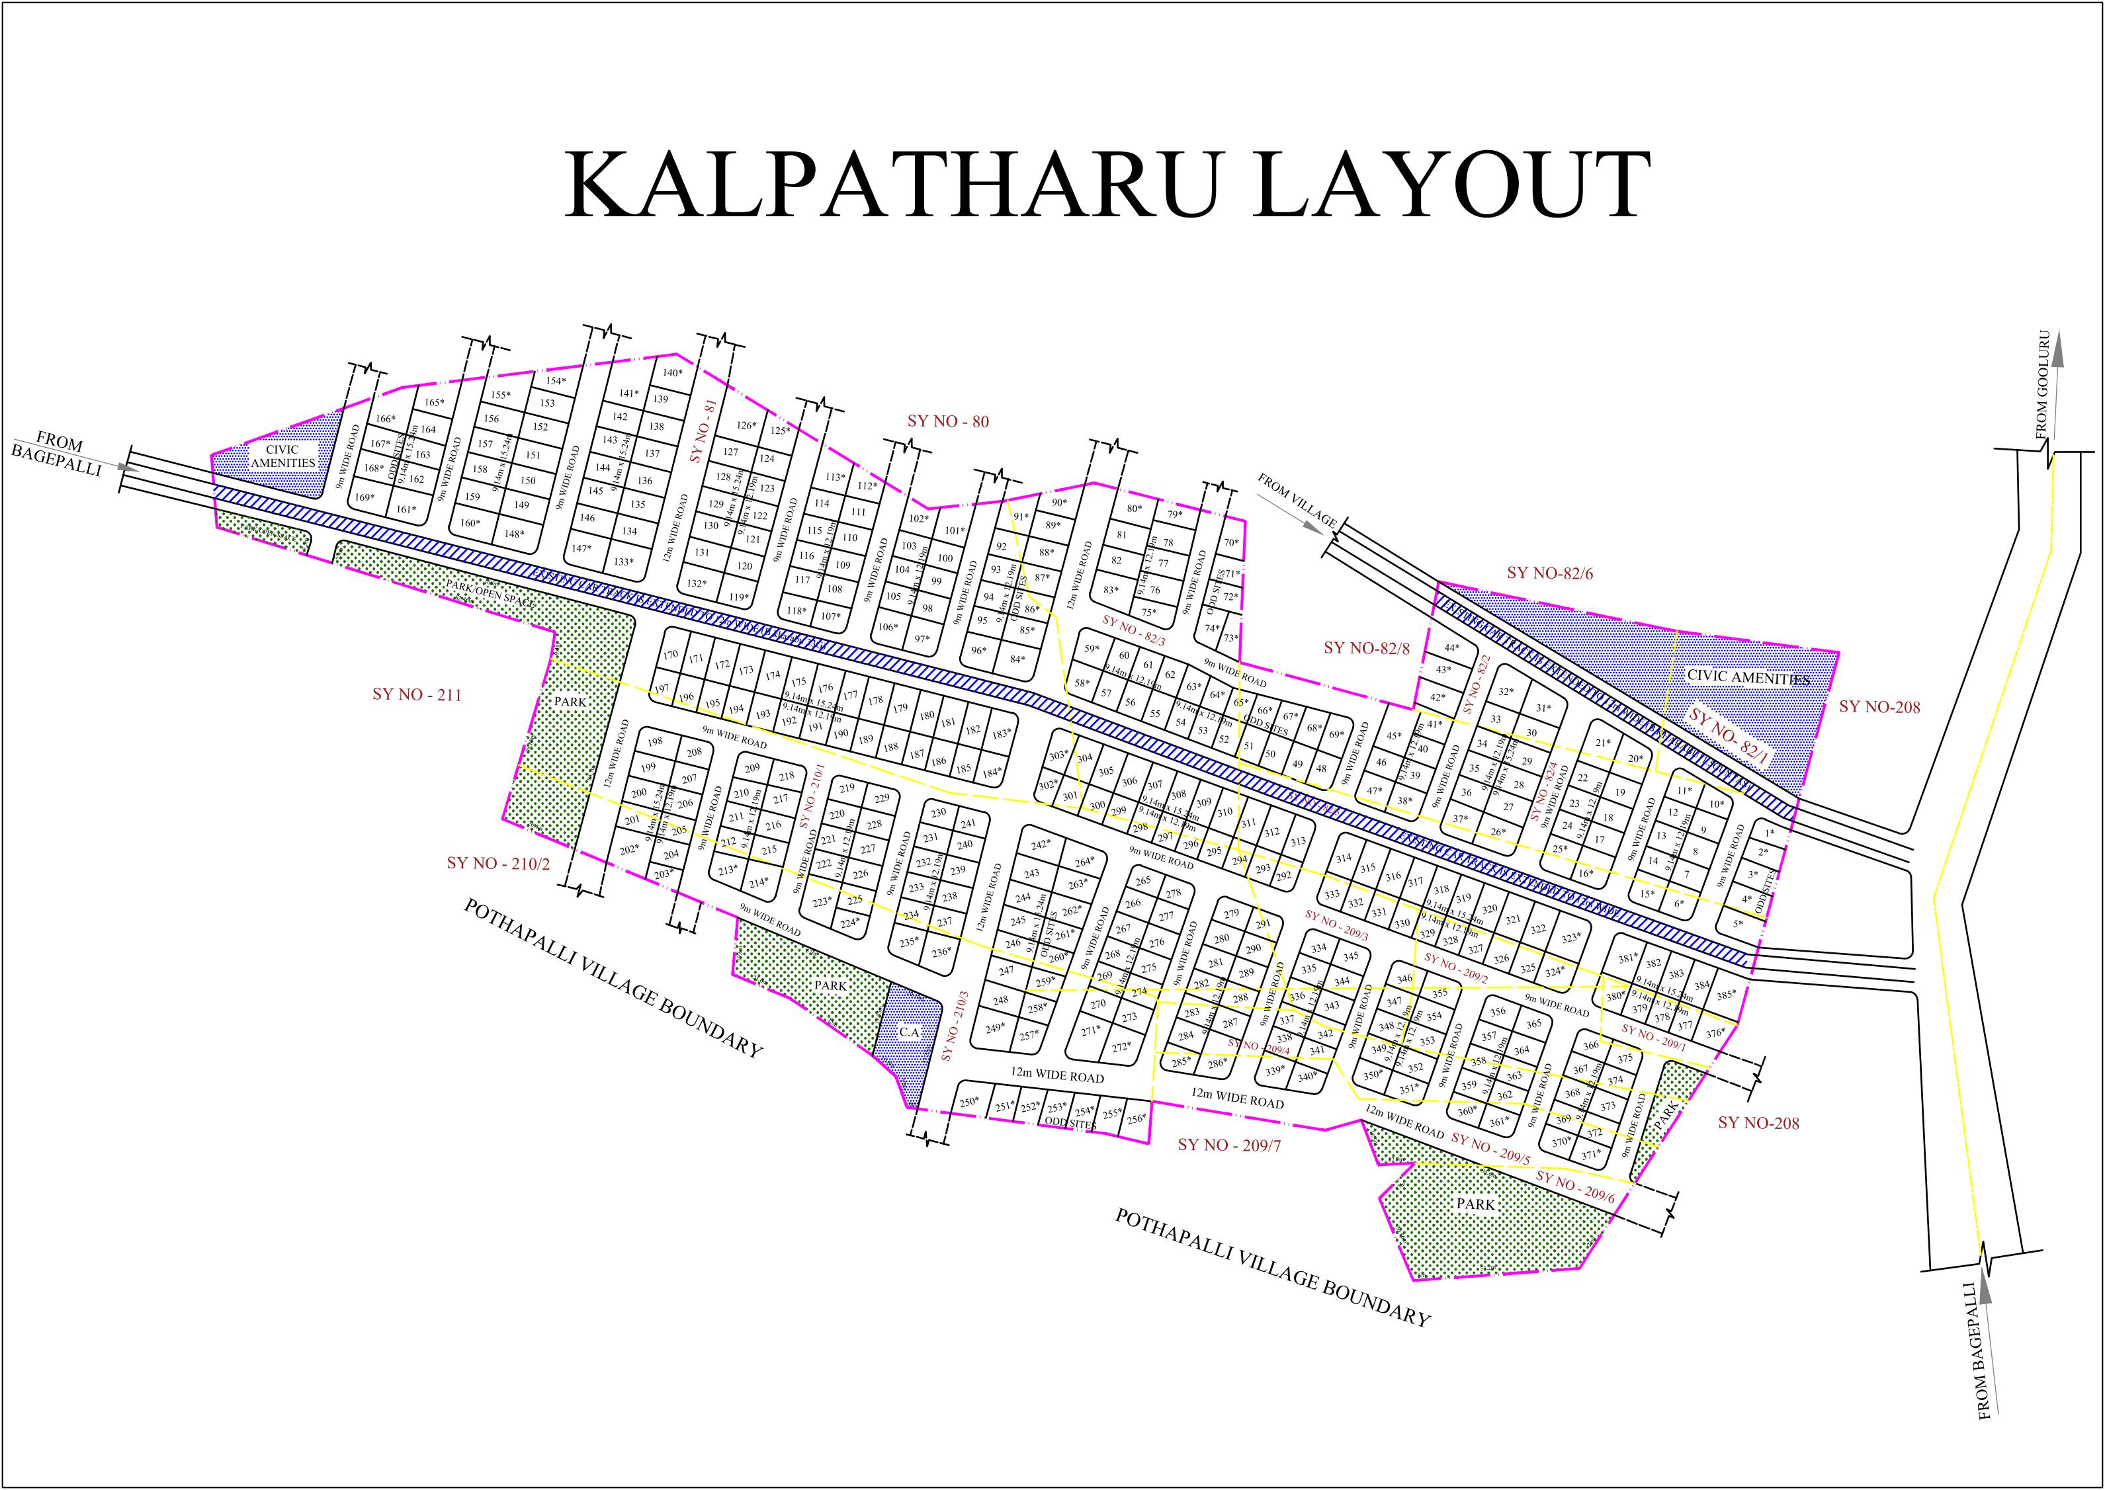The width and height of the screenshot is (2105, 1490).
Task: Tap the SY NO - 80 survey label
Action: click(948, 421)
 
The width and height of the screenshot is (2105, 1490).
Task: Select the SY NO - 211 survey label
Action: click(417, 694)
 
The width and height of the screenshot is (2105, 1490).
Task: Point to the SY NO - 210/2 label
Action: click(498, 863)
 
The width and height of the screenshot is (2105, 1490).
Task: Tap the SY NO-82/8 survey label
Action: click(1366, 647)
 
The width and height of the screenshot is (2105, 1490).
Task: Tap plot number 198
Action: click(654, 742)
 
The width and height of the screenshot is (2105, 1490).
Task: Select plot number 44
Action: click(1451, 647)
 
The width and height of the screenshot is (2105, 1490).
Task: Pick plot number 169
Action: click(365, 497)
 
